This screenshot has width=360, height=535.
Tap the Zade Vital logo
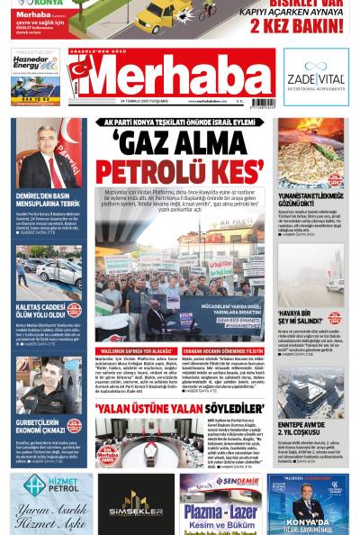pos(315,78)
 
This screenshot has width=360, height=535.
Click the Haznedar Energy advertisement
pos(36,77)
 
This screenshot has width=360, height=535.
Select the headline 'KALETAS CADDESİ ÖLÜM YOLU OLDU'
pos(40,310)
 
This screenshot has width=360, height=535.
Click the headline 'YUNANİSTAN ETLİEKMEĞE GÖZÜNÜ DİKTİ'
pos(310,200)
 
